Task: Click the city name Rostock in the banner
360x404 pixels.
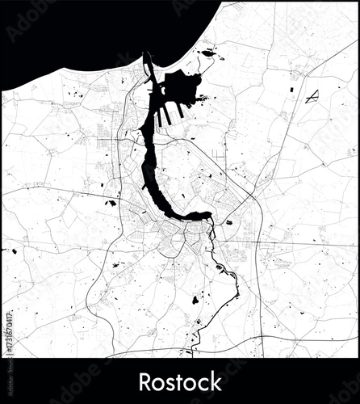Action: [x=179, y=381]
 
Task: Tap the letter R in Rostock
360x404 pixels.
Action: [x=145, y=381]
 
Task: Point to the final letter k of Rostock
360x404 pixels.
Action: [x=215, y=381]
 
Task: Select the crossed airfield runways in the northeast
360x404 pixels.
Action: [x=311, y=96]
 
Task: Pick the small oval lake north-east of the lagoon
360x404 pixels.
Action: [x=208, y=53]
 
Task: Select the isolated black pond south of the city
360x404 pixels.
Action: [x=195, y=300]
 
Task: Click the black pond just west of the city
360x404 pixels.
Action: [x=110, y=202]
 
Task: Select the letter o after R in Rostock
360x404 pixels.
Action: [x=157, y=382]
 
